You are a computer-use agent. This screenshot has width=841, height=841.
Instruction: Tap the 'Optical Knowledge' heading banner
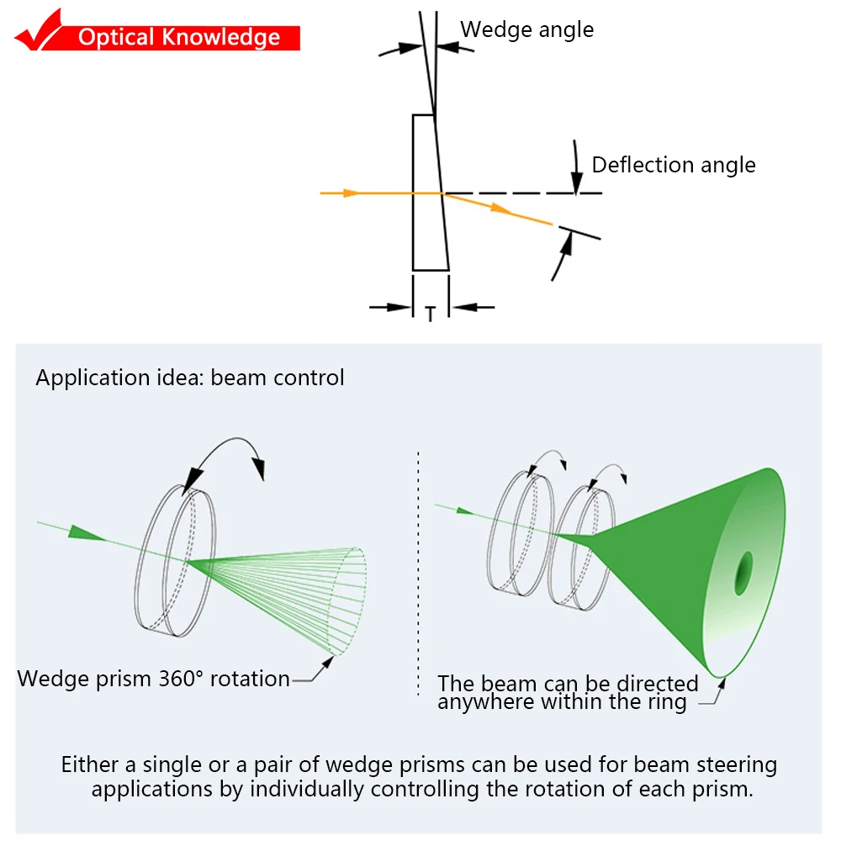(x=178, y=38)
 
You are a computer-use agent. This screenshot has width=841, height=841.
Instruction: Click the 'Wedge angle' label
(x=526, y=29)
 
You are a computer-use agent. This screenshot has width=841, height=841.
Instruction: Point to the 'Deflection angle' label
(x=674, y=165)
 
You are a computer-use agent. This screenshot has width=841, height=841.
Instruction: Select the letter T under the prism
(x=431, y=315)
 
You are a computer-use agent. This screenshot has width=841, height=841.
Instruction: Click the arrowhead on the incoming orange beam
(x=352, y=193)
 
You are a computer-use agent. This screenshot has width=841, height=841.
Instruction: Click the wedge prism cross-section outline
(x=429, y=193)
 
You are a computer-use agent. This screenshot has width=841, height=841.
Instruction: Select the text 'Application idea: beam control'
(x=190, y=378)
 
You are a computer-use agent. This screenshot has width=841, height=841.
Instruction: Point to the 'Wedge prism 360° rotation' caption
(x=154, y=679)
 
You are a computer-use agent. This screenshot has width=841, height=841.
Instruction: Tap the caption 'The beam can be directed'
(x=568, y=684)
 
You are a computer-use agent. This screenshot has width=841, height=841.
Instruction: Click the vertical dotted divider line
(x=419, y=572)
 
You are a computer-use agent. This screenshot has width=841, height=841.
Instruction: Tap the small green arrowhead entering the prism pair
(x=464, y=509)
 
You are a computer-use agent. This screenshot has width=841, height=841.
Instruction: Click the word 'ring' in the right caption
(x=666, y=701)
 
